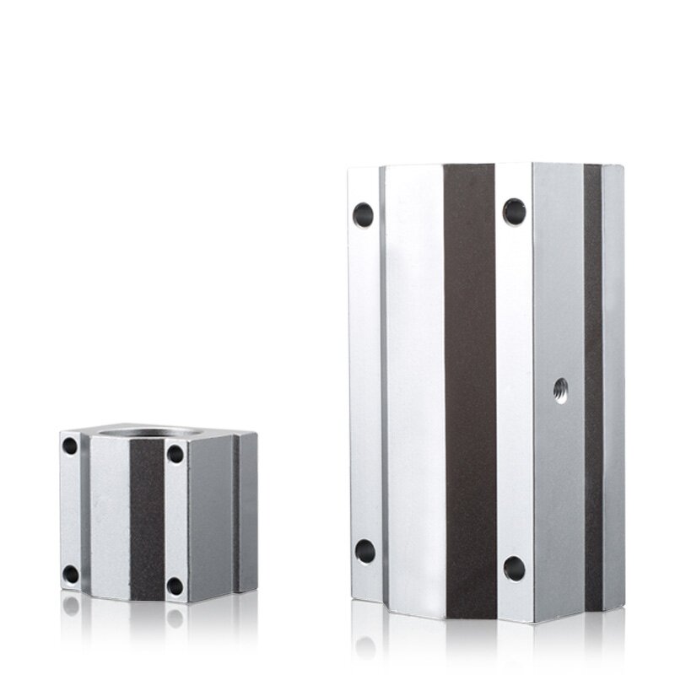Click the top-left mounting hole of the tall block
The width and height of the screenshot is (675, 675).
363,214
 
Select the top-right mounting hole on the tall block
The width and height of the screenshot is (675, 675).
514,211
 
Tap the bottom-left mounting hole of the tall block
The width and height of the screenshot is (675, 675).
364,551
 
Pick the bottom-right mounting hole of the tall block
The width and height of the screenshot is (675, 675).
514,568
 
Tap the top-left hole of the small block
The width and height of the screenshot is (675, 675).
70,445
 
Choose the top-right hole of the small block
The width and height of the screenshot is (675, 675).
175,453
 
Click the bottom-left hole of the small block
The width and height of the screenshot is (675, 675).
71,575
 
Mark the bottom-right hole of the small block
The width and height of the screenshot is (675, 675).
175,586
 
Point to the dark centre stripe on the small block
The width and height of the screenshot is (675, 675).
147,519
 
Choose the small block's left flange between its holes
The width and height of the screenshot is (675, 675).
70,510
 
